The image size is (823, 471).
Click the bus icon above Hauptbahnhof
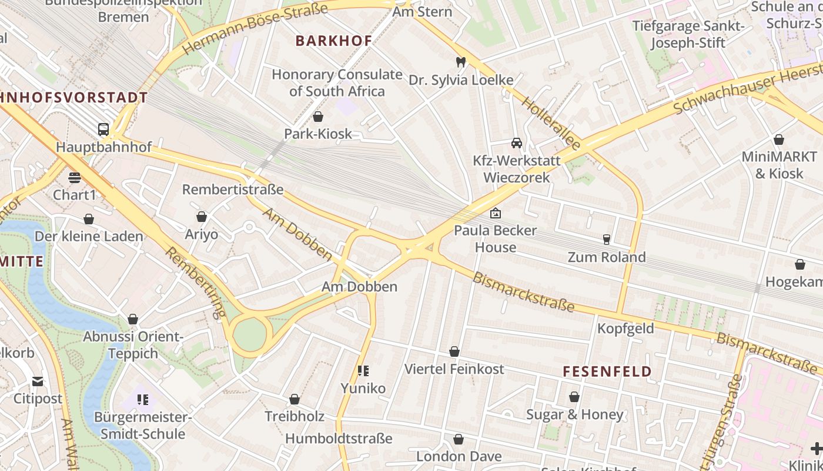(x=103, y=129)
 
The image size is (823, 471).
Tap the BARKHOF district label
(x=334, y=41)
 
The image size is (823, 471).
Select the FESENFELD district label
(x=607, y=372)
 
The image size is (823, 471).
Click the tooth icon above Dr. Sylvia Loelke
(x=461, y=62)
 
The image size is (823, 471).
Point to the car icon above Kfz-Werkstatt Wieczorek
(x=517, y=143)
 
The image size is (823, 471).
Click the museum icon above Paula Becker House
(x=496, y=213)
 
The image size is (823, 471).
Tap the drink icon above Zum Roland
(x=606, y=239)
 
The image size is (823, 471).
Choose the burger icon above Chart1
(x=74, y=177)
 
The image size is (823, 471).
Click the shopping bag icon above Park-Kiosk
(x=318, y=117)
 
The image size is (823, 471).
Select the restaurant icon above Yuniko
(x=363, y=370)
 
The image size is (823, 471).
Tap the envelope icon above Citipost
(x=38, y=381)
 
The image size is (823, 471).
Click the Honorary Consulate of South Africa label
(x=337, y=83)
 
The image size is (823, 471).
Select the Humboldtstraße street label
(x=339, y=439)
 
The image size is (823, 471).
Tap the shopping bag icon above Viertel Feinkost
(x=454, y=351)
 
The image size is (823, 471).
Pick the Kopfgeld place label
(x=625, y=329)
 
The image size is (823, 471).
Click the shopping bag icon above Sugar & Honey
(x=574, y=397)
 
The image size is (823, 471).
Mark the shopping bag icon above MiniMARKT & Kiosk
(x=779, y=140)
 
